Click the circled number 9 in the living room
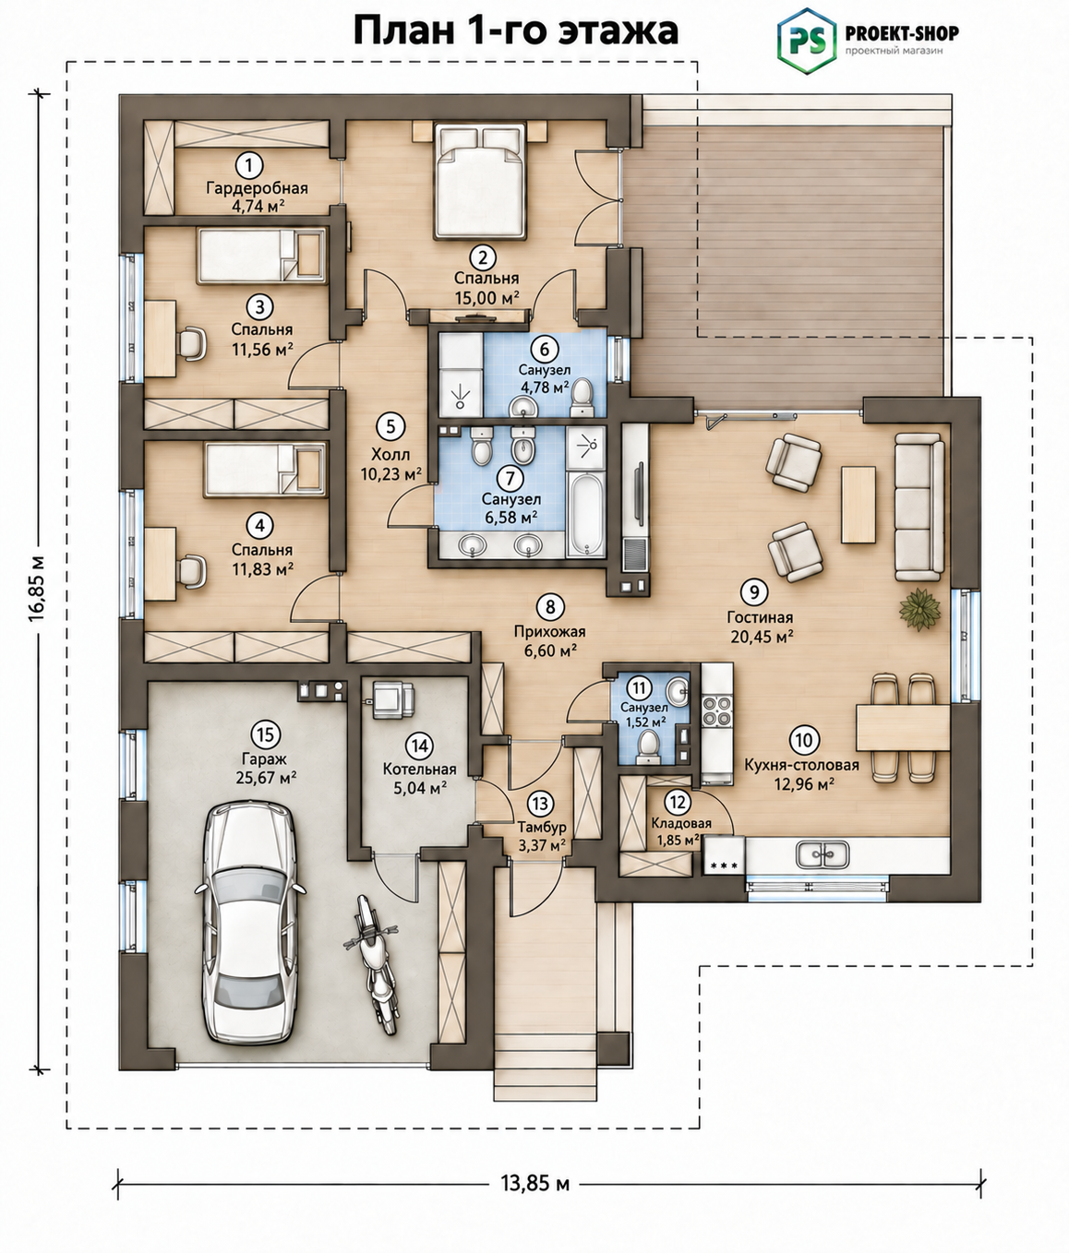pyautogui.click(x=754, y=591)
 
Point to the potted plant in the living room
pyautogui.click(x=919, y=609)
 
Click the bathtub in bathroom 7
pyautogui.click(x=586, y=514)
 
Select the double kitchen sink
pyautogui.click(x=823, y=855)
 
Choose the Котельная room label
pyautogui.click(x=419, y=770)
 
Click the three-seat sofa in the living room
pyautogui.click(x=919, y=507)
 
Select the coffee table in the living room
pyautogui.click(x=858, y=505)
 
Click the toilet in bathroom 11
pyautogui.click(x=649, y=746)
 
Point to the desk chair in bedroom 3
pyautogui.click(x=193, y=344)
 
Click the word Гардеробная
pyautogui.click(x=257, y=188)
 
